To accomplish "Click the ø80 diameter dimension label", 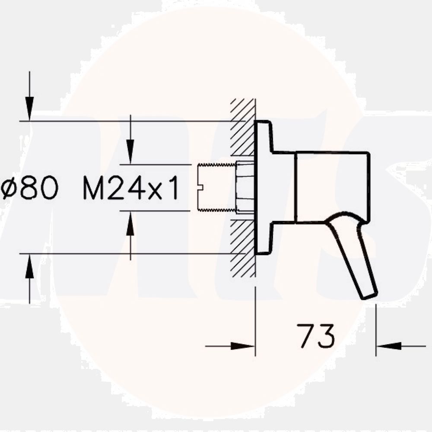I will [x=29, y=188].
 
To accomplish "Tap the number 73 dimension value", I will [x=316, y=336].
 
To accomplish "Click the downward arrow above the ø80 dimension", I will [x=29, y=104].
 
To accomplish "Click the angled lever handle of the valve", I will [x=352, y=251].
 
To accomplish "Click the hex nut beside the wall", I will [x=245, y=187].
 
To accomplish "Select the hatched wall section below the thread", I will [x=242, y=246].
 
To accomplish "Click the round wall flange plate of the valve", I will [x=264, y=187].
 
